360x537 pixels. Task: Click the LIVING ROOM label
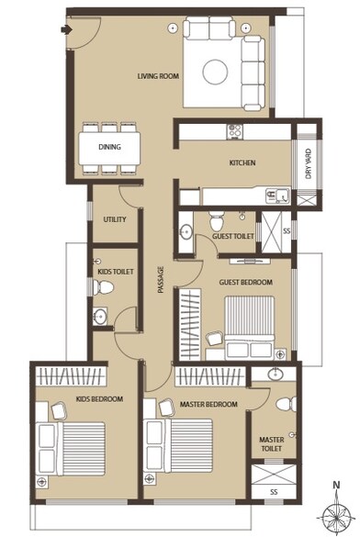click(157, 76)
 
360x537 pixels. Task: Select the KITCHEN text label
click(242, 163)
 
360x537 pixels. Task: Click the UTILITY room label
click(115, 219)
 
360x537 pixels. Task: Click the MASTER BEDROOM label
click(209, 404)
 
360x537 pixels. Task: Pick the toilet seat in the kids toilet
click(105, 288)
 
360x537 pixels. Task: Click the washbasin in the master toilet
click(275, 375)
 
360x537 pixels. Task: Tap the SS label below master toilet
click(273, 491)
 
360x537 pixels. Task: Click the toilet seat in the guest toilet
click(215, 220)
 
